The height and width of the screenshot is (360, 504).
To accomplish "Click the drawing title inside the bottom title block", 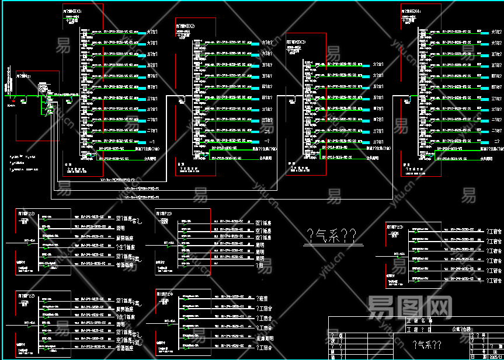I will tap(426, 345).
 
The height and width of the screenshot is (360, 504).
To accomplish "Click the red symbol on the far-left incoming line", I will tap(12, 101).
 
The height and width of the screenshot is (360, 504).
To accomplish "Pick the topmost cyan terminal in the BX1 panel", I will tap(142, 33).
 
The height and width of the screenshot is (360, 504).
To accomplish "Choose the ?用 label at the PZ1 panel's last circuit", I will tap(260, 265).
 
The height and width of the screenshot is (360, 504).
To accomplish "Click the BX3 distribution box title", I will tap(296, 43).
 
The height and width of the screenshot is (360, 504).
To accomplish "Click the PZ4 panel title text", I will tap(166, 292).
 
